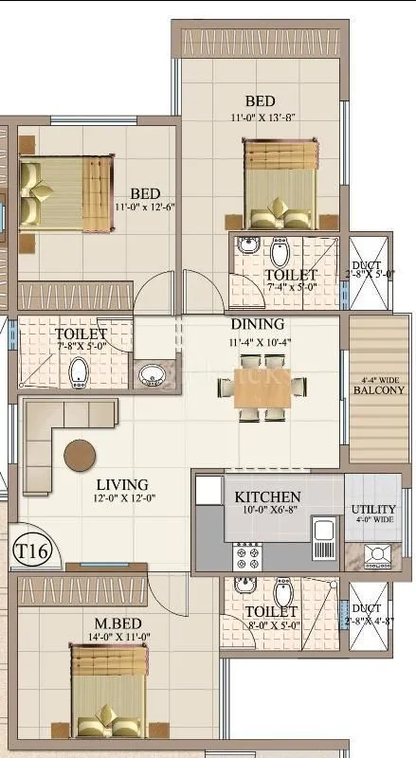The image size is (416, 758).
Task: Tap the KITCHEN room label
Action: pyautogui.click(x=267, y=497)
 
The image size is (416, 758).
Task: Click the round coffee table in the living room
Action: pyautogui.click(x=80, y=456)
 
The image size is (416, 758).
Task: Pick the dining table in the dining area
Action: pyautogui.click(x=262, y=387)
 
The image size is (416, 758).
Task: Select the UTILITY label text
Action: pyautogui.click(x=373, y=510)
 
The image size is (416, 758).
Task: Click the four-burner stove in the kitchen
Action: pyautogui.click(x=247, y=555)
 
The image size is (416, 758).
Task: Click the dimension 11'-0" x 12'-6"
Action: pyautogui.click(x=146, y=207)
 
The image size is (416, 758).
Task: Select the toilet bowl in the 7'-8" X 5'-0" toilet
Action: pyautogui.click(x=78, y=372)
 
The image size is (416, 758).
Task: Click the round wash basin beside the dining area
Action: pyautogui.click(x=150, y=376)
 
